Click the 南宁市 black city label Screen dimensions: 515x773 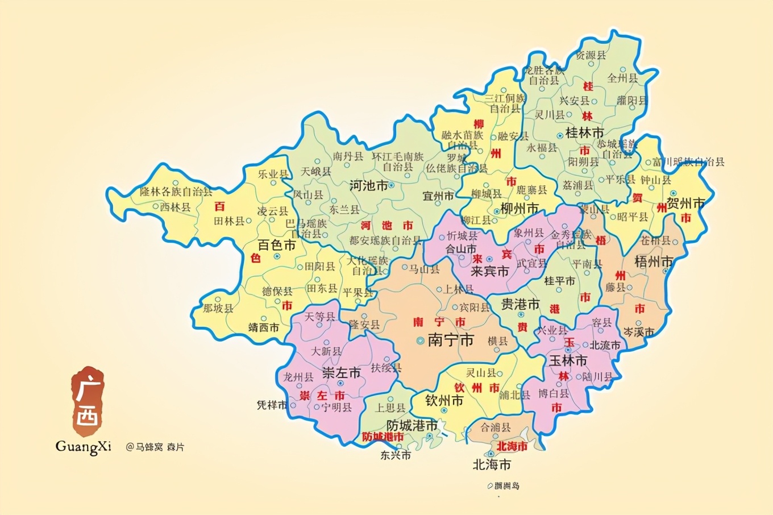click(x=450, y=340)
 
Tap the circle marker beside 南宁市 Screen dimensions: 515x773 click(x=419, y=341)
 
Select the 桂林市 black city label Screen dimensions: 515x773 click(x=584, y=133)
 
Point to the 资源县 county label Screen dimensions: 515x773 click(x=591, y=55)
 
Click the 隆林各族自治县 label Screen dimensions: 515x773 click(x=176, y=192)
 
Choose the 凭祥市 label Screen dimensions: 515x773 click(x=272, y=405)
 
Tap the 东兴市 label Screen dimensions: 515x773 click(x=396, y=455)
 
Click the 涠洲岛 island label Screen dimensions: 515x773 click(x=506, y=486)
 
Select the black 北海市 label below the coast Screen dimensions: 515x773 click(x=492, y=465)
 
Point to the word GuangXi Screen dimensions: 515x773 click(x=83, y=447)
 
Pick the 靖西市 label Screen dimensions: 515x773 click(x=264, y=328)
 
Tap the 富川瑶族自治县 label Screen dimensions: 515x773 click(x=688, y=162)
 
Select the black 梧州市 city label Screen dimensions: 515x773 click(x=654, y=262)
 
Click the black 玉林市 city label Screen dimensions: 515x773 click(x=568, y=361)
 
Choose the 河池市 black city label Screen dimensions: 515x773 click(x=368, y=186)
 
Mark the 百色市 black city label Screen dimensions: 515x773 click(x=277, y=246)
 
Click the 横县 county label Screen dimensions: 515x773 click(x=497, y=341)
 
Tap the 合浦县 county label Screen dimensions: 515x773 click(x=496, y=427)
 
